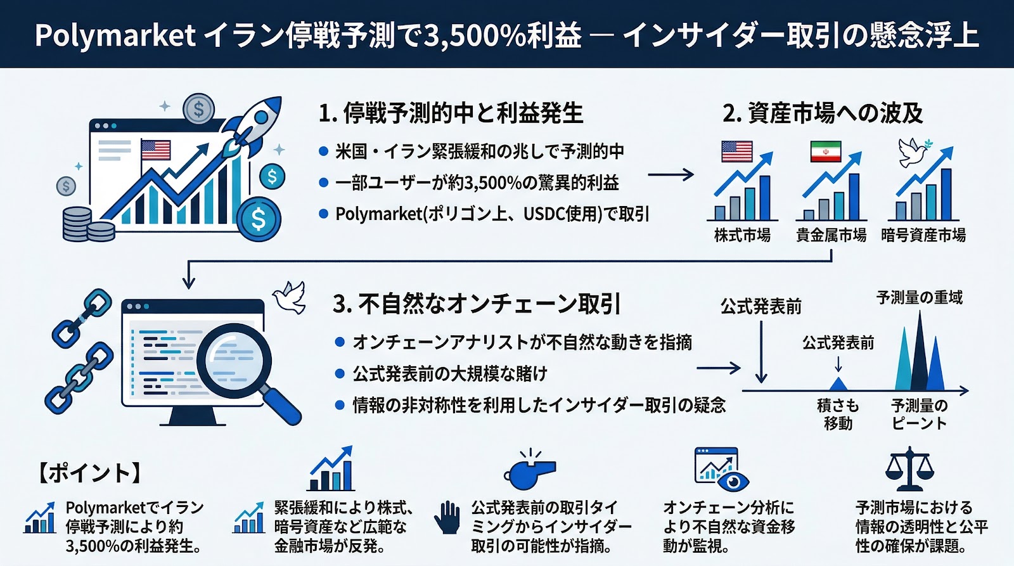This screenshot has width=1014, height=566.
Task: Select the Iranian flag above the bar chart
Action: click(825, 151)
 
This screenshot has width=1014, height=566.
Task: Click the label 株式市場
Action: click(742, 235)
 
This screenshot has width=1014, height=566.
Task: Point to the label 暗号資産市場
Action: click(923, 235)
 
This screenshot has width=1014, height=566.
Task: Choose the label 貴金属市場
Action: click(831, 235)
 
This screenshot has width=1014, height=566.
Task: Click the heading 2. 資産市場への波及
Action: click(822, 113)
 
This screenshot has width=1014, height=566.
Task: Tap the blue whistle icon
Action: click(530, 471)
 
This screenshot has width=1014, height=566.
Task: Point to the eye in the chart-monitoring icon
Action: click(734, 482)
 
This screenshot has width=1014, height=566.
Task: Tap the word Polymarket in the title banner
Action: click(115, 35)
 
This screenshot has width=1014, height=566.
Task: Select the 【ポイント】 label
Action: click(89, 473)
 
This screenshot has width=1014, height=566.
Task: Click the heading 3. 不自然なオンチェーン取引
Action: click(476, 304)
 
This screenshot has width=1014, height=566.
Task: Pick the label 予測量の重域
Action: click(919, 297)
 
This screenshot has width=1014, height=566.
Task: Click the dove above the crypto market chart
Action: click(913, 152)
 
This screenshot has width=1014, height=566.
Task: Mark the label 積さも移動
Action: click(838, 414)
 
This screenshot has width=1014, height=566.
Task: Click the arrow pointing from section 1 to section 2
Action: click(671, 174)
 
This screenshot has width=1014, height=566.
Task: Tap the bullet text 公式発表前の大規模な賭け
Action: click(449, 373)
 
